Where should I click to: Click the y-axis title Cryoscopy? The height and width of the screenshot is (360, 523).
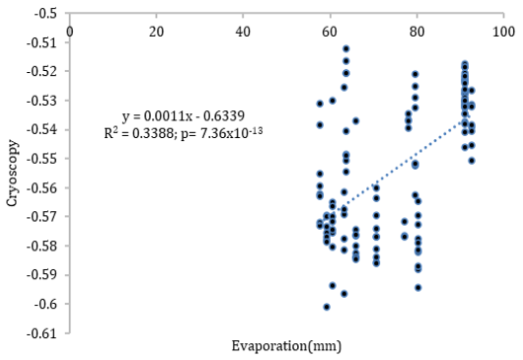(13, 173)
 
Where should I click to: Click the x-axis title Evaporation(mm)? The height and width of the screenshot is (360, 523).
(286, 346)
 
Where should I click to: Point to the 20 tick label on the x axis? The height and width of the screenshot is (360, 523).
(157, 32)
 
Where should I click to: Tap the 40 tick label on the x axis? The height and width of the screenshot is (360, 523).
(243, 32)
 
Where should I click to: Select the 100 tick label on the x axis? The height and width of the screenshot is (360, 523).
(503, 32)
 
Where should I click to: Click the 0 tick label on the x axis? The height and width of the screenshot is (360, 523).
(70, 32)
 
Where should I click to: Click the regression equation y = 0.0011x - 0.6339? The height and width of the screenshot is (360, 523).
(184, 116)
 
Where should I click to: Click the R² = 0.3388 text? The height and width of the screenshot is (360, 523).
(138, 133)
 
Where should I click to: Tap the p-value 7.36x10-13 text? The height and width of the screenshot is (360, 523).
(222, 133)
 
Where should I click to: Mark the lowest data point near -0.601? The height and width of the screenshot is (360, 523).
(327, 307)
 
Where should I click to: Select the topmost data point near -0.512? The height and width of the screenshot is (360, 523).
(346, 49)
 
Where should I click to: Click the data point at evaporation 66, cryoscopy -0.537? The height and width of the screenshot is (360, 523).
(356, 121)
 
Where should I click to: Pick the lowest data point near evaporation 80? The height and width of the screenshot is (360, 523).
(418, 288)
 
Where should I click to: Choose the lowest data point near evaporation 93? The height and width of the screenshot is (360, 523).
(472, 161)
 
